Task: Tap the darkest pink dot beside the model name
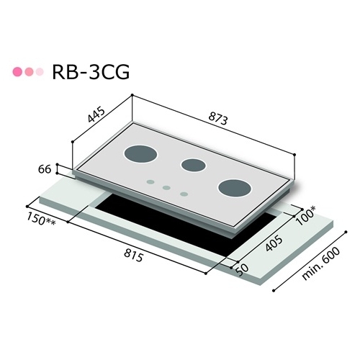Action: click(17, 72)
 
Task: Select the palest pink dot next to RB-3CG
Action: click(40, 72)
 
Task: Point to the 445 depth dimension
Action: click(96, 117)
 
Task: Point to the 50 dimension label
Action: click(238, 269)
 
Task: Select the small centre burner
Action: click(193, 165)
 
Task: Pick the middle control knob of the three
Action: click(166, 189)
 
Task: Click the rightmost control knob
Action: click(184, 194)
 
